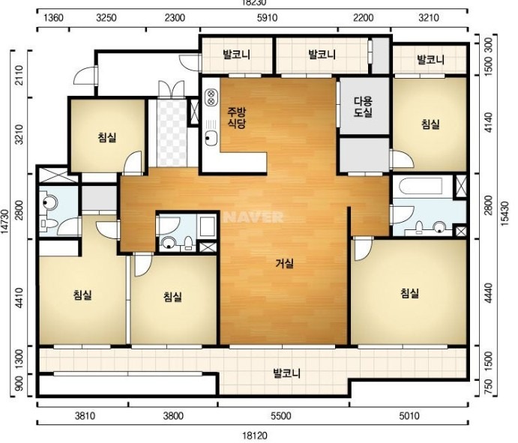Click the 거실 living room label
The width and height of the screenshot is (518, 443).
[284, 263]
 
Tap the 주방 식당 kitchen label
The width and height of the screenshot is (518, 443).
[236, 118]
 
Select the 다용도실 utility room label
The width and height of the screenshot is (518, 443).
[364, 106]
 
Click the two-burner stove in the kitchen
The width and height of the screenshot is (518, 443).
[211, 97]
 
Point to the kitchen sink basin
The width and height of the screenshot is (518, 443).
[211, 138]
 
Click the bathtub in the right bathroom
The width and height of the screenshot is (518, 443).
[421, 187]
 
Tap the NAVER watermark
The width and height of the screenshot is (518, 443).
[254, 217]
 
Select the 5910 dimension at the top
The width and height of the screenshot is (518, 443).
[267, 17]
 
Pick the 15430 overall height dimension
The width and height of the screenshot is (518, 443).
[504, 214]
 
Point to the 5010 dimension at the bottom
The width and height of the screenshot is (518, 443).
[409, 415]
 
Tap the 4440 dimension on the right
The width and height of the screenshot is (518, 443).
[488, 292]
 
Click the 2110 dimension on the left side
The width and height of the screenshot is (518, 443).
[19, 75]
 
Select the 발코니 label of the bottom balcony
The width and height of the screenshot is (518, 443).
[287, 373]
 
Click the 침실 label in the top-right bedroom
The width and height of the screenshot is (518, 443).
[430, 124]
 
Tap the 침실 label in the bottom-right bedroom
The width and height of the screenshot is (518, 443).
[409, 293]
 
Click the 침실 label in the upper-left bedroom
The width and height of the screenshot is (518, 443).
[107, 137]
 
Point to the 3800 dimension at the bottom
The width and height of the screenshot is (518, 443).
[173, 415]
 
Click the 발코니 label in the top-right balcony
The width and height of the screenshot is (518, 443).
[430, 60]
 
